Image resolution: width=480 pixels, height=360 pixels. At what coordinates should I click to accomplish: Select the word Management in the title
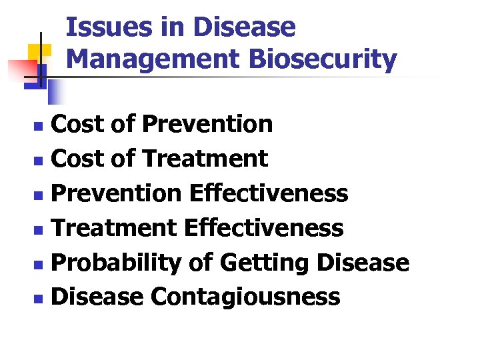[152, 59]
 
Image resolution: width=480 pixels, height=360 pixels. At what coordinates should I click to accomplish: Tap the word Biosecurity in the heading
[323, 59]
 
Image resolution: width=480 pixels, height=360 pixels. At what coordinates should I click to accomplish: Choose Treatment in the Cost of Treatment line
[205, 159]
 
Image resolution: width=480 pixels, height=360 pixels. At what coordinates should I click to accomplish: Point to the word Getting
[265, 263]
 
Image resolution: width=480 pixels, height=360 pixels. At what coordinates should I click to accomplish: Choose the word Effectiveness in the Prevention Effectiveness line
[269, 193]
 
